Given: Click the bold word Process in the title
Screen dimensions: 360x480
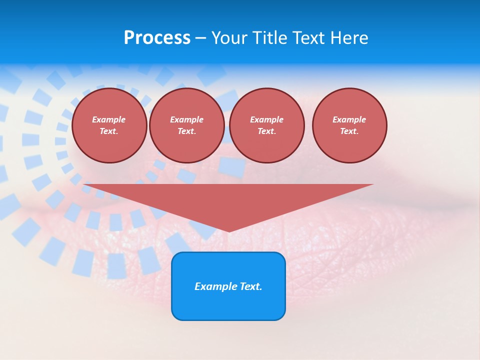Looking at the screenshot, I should [x=157, y=38].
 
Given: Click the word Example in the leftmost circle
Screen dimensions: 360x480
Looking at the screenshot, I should [x=109, y=119].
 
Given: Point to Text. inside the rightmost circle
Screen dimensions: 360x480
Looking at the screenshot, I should [x=349, y=131].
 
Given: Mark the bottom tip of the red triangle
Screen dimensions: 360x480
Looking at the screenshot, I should [x=229, y=231].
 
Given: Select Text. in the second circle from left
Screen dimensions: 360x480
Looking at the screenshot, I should [x=186, y=131].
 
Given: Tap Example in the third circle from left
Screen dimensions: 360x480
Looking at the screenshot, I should [x=266, y=119].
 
